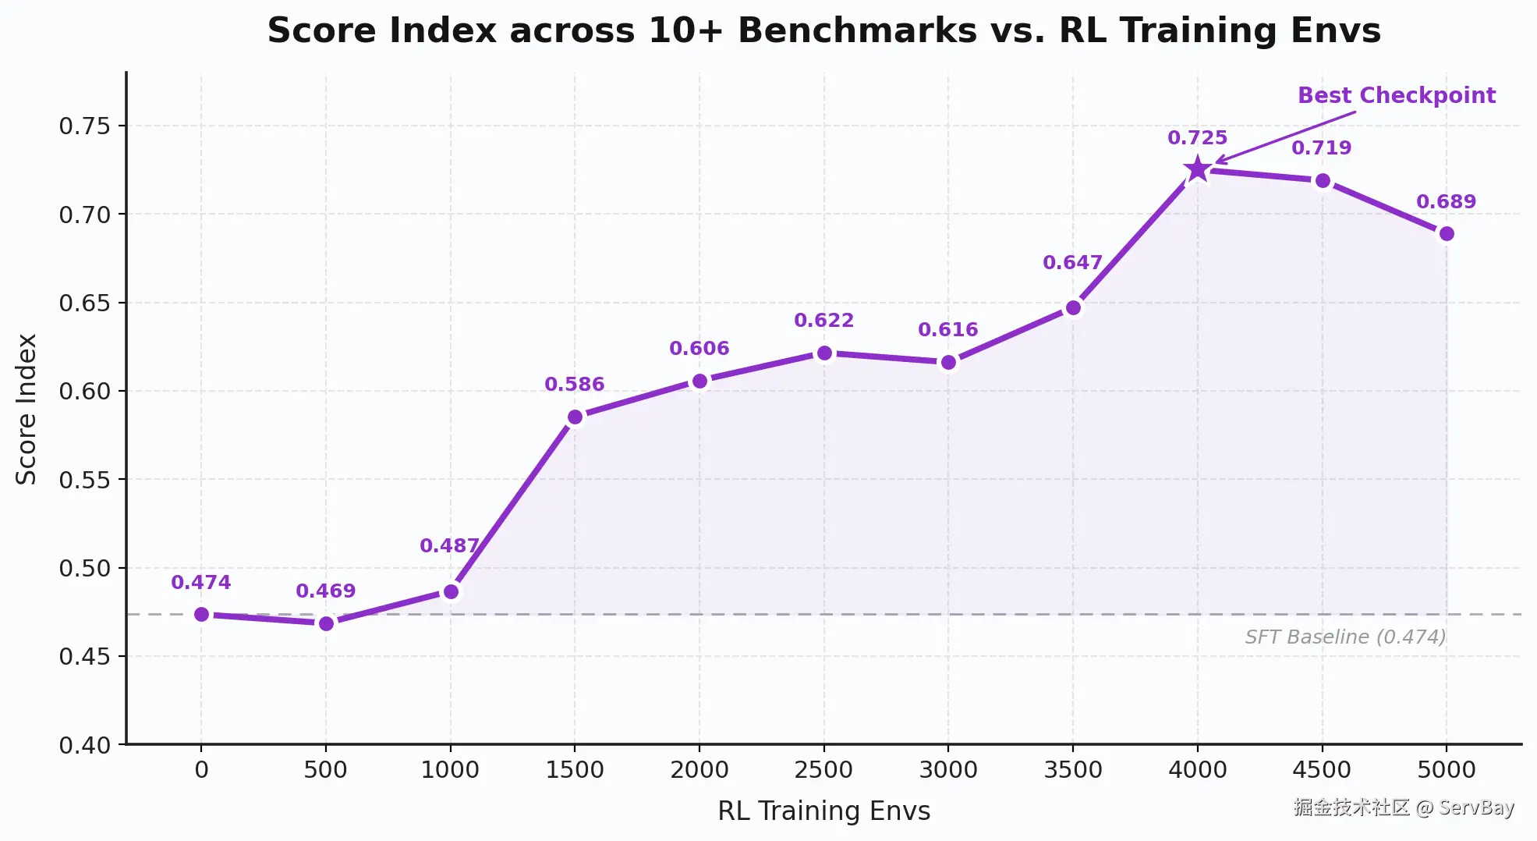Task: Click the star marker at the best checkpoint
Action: point(1197,169)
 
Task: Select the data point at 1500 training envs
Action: point(575,417)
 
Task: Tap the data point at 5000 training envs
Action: point(1447,234)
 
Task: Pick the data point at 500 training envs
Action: point(326,623)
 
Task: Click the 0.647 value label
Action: point(1072,263)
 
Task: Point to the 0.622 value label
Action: point(823,321)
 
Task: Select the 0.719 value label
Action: point(1321,148)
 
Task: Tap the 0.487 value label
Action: point(449,546)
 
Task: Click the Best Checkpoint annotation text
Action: point(1397,95)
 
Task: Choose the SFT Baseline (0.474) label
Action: point(1345,637)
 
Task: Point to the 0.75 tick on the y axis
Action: point(85,126)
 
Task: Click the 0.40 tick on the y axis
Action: point(85,746)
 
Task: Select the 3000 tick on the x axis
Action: point(948,771)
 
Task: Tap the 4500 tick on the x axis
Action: point(1322,771)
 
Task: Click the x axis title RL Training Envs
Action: point(823,811)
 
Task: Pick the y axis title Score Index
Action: point(27,409)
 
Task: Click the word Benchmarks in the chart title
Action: point(857,31)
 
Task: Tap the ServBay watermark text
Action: point(1404,807)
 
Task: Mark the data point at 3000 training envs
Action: point(948,363)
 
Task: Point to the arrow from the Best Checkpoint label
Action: point(1285,137)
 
